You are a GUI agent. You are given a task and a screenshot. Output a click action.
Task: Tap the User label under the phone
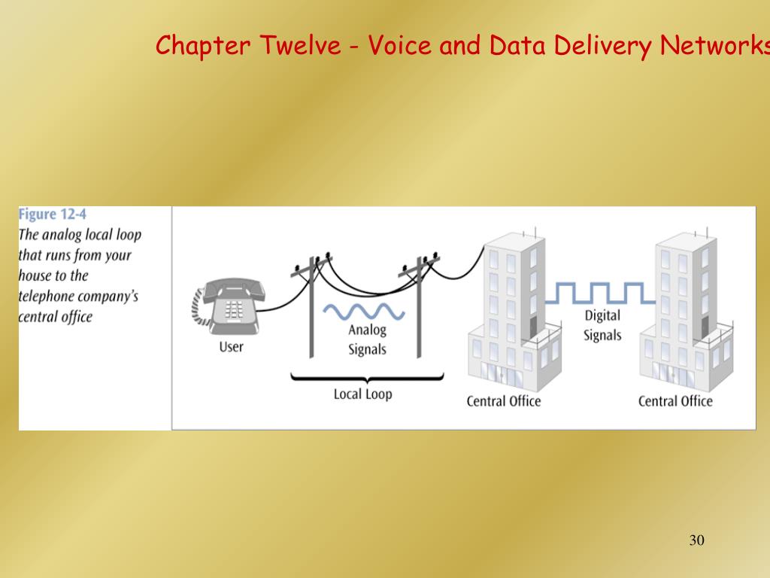coord(232,347)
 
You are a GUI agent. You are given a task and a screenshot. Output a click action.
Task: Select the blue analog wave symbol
coord(364,311)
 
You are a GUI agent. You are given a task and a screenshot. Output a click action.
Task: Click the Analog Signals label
coord(367,339)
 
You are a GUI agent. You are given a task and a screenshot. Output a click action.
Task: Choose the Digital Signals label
coord(602,325)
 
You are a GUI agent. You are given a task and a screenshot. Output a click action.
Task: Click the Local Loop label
coord(363,394)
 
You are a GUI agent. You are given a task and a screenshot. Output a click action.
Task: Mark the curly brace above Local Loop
coord(366,376)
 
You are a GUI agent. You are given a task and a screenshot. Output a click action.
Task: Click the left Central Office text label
coord(504,401)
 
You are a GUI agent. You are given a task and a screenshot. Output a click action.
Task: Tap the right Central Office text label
coord(675,401)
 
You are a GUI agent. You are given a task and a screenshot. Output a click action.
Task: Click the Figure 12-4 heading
coord(53,214)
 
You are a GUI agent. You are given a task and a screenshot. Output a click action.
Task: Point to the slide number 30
coord(696,540)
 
